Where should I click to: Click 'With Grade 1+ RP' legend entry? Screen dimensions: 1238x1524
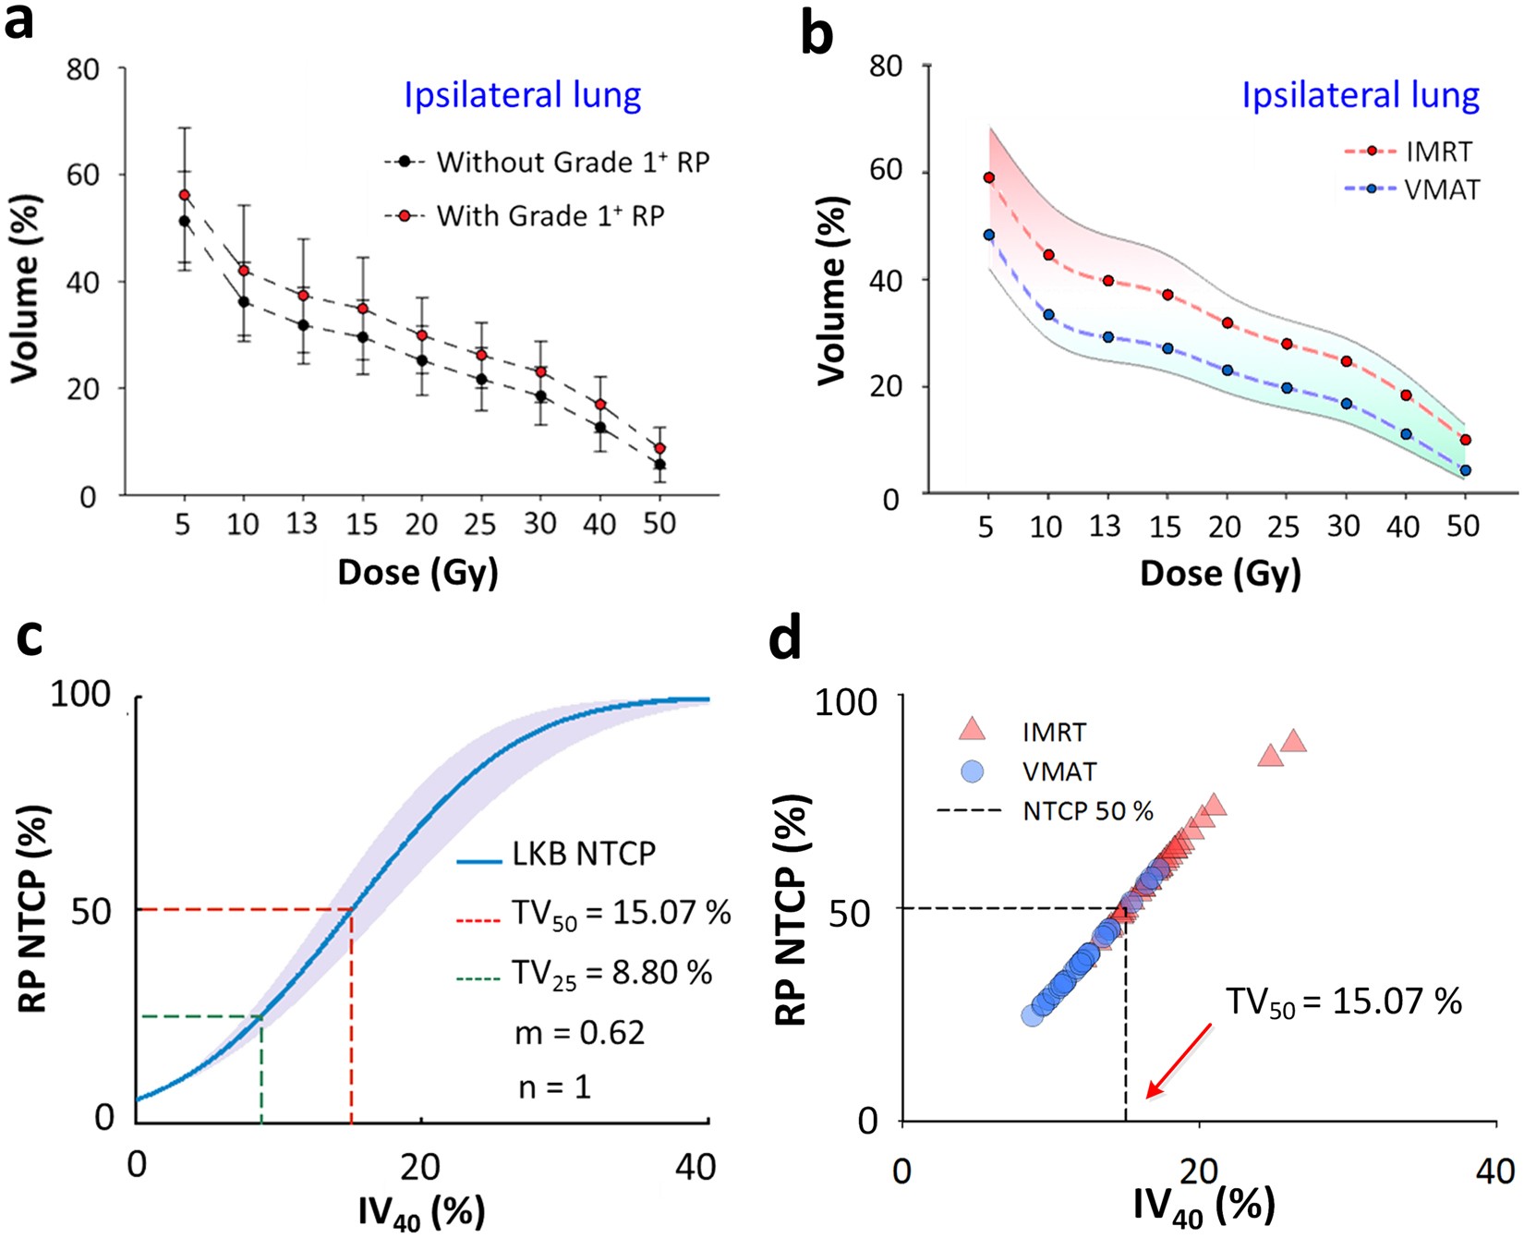(x=550, y=216)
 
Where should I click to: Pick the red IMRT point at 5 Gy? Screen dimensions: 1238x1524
(x=989, y=177)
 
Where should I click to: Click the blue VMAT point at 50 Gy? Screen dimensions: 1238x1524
(x=1465, y=470)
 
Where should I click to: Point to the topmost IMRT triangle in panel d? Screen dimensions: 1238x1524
(x=1294, y=741)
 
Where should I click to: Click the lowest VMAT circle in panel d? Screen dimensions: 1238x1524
(x=1032, y=1015)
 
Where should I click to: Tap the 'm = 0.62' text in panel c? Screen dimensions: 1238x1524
(x=579, y=1032)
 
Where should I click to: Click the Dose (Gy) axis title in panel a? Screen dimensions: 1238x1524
(x=417, y=573)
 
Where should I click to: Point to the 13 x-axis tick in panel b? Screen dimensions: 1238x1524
(x=1105, y=527)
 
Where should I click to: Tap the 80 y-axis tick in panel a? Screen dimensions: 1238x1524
(x=83, y=69)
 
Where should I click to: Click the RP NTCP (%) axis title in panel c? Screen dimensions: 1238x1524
(x=33, y=910)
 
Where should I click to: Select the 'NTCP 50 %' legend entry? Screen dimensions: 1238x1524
(x=1087, y=812)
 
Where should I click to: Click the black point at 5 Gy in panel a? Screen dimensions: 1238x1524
(x=184, y=221)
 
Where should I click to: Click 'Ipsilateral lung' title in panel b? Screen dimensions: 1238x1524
(x=1360, y=95)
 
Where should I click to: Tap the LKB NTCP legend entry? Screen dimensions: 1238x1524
(x=584, y=855)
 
